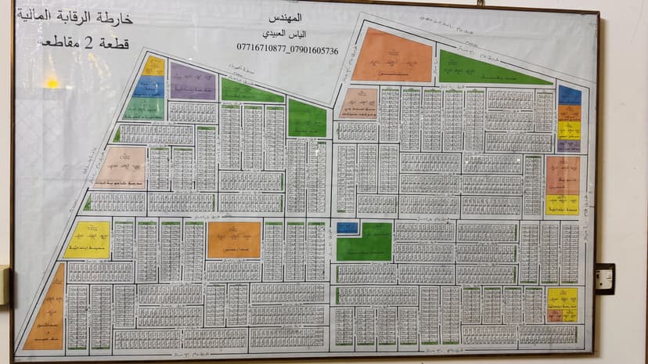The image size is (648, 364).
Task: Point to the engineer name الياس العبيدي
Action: (287, 34)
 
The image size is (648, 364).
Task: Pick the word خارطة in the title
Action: (118, 16)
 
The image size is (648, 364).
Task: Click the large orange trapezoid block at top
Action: (391, 56)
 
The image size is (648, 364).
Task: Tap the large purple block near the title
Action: (193, 81)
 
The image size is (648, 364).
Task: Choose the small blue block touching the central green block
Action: (347, 228)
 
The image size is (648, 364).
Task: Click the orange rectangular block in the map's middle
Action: (233, 240)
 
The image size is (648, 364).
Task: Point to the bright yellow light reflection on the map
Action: (51, 81)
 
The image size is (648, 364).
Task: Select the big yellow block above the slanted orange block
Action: (88, 240)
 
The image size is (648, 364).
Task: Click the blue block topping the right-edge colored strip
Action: (569, 96)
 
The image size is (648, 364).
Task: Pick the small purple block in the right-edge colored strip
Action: (568, 145)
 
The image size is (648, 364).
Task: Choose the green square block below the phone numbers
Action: (307, 119)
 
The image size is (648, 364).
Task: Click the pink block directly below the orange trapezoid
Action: (359, 103)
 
